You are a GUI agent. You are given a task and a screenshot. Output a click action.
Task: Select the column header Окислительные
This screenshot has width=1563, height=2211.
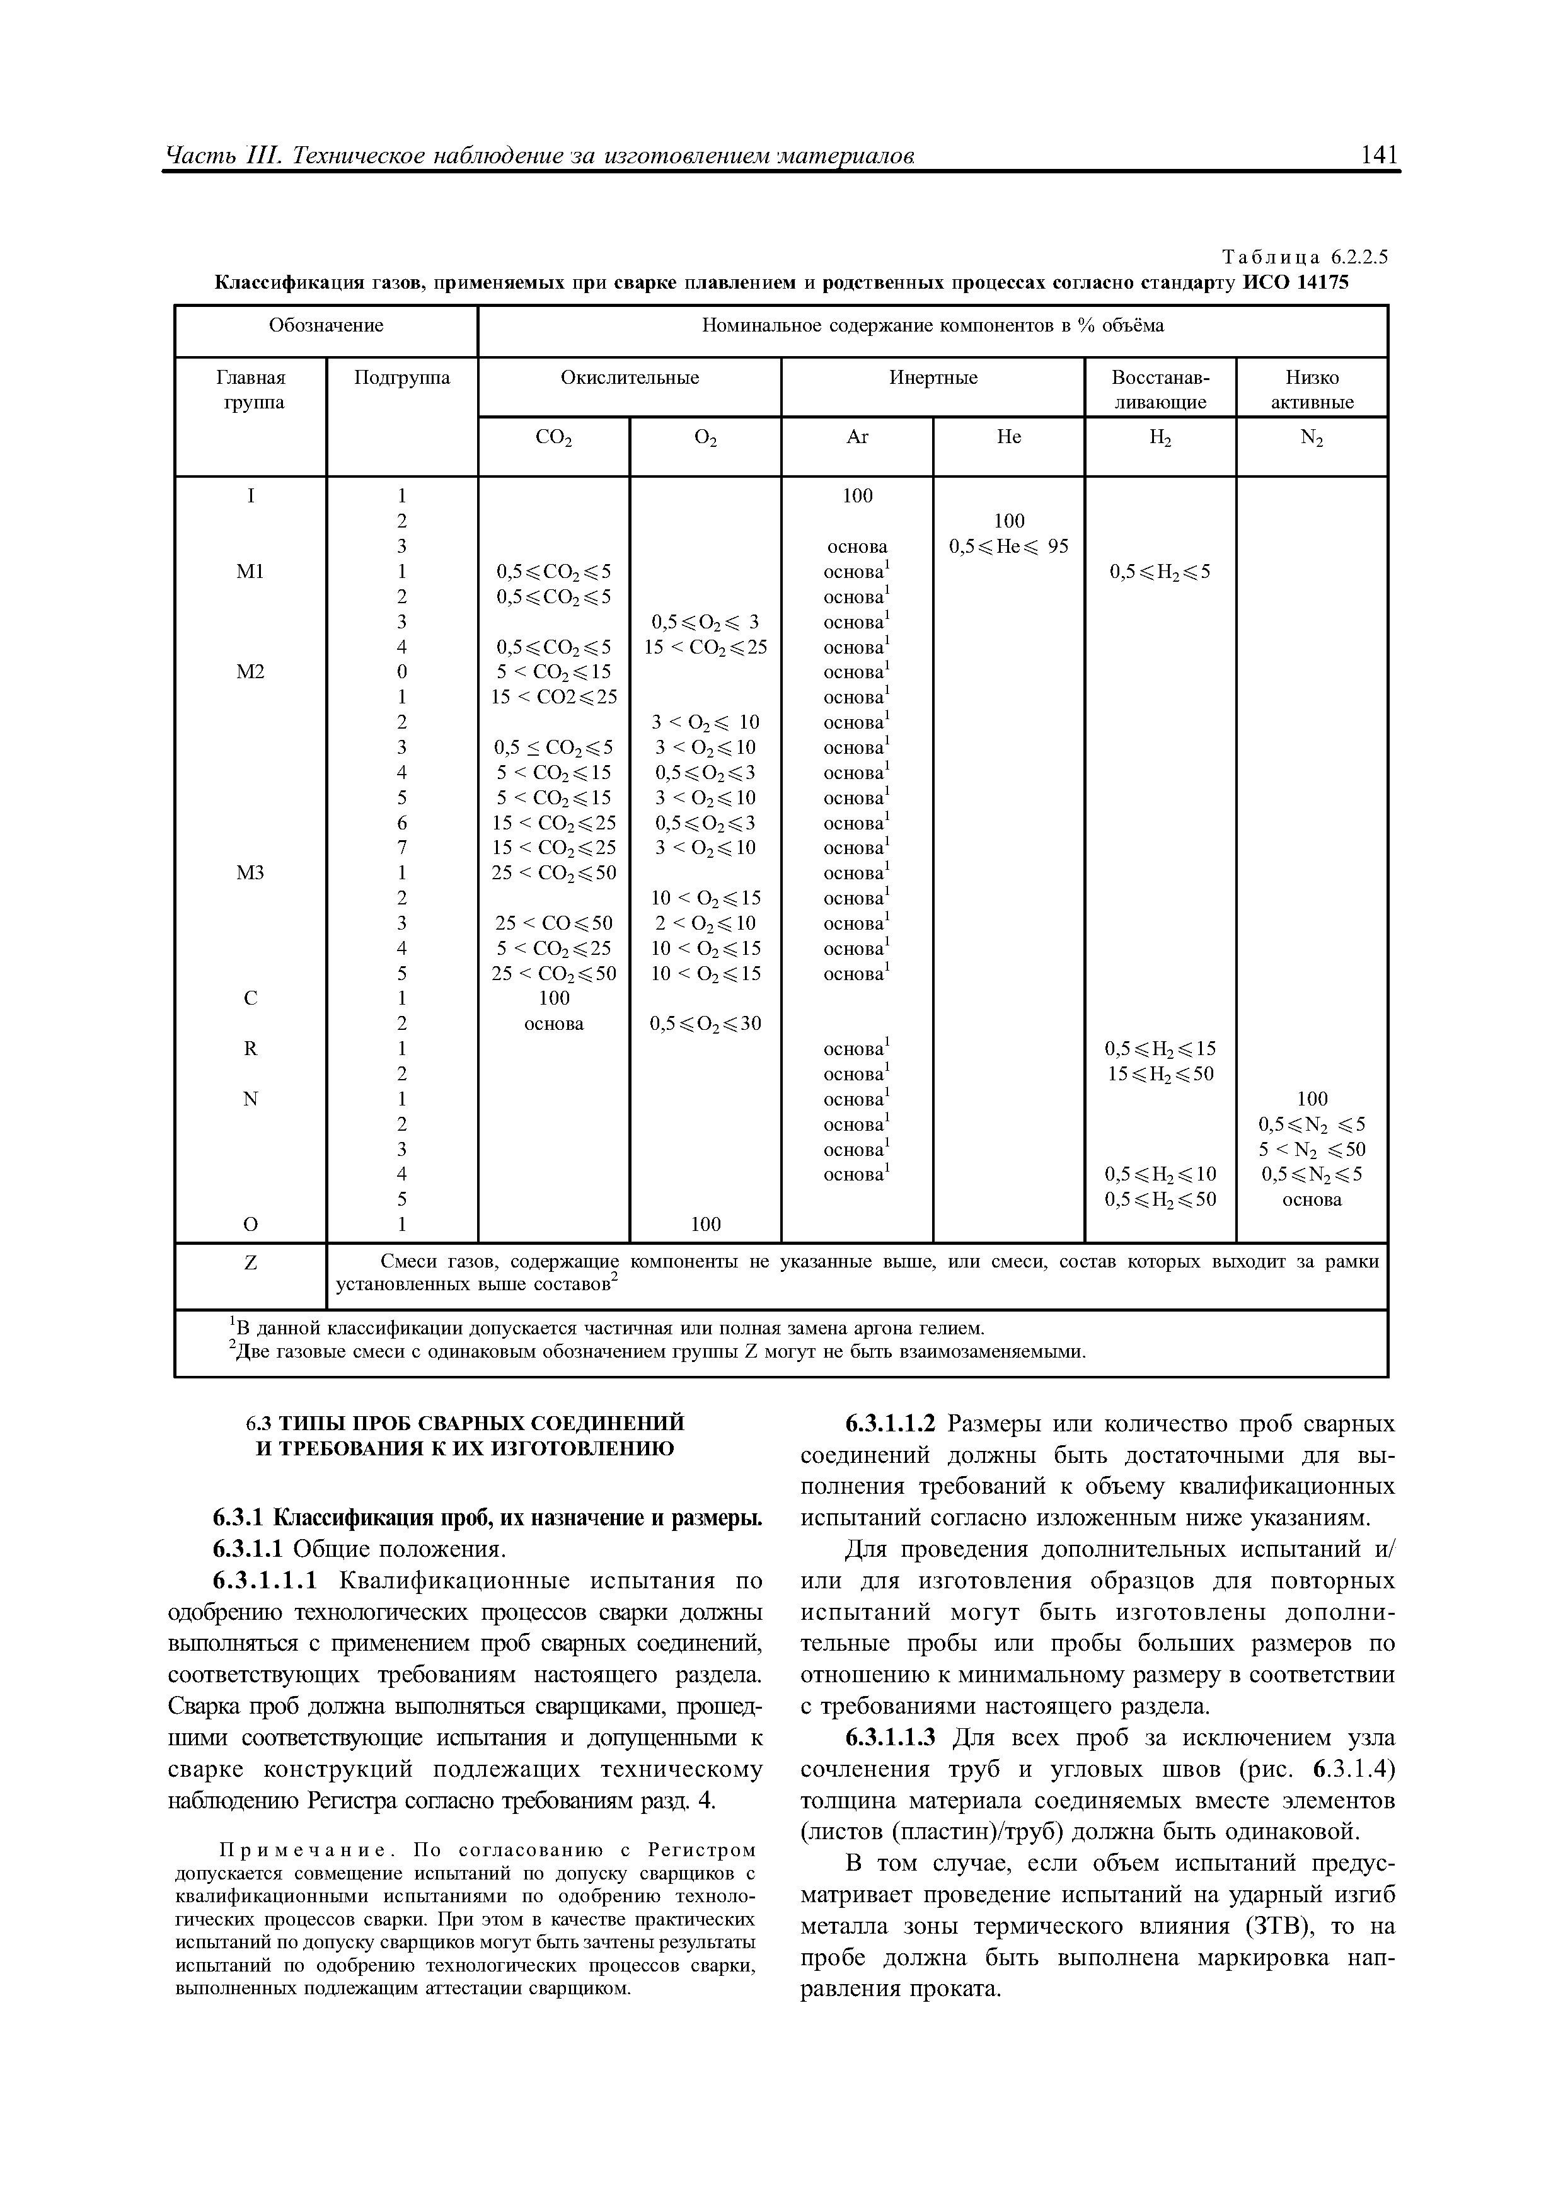pos(630,378)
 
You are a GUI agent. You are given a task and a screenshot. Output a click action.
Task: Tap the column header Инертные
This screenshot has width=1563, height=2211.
pos(932,378)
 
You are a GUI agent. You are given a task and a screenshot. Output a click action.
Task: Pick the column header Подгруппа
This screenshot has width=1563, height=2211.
pos(403,378)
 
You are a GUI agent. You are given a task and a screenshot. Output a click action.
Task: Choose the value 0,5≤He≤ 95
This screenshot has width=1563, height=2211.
pos(1008,546)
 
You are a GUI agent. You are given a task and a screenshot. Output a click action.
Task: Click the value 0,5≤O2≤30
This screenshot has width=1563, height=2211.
pos(705,1024)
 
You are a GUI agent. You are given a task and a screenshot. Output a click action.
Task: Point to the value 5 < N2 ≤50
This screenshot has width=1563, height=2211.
pos(1312,1149)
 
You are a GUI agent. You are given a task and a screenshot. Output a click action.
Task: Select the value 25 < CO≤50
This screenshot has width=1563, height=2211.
pos(554,923)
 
